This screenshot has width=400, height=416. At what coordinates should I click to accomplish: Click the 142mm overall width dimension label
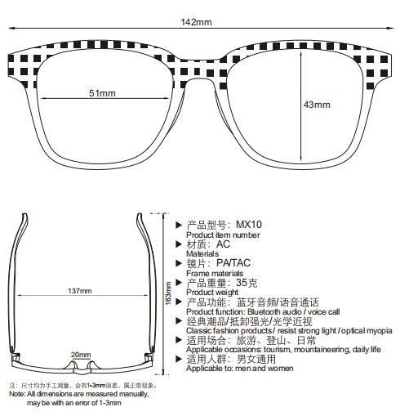(196, 22)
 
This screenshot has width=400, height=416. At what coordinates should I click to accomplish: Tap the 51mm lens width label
(102, 93)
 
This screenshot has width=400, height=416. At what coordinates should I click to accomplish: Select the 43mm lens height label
(317, 105)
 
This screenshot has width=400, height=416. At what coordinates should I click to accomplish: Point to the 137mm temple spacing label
(80, 291)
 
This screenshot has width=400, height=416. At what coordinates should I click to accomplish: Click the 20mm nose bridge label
(81, 355)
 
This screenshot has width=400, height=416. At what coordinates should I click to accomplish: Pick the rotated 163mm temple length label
(168, 293)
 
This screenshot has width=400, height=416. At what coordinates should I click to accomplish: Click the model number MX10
(249, 225)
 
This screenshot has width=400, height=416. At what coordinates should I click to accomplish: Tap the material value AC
(223, 244)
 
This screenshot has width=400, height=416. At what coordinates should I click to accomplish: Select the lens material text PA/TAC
(233, 263)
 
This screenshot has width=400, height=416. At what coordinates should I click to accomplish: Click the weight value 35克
(247, 283)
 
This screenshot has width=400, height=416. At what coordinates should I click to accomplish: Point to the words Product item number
(223, 235)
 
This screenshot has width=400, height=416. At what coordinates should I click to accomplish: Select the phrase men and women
(264, 369)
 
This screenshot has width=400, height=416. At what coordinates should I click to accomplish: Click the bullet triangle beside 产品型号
(179, 225)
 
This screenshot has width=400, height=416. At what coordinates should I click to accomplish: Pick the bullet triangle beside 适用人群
(179, 359)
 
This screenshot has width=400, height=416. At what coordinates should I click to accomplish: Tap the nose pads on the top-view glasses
(81, 366)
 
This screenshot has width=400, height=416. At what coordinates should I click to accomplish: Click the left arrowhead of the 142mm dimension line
(11, 28)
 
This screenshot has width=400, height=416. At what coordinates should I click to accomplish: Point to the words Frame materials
(215, 273)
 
